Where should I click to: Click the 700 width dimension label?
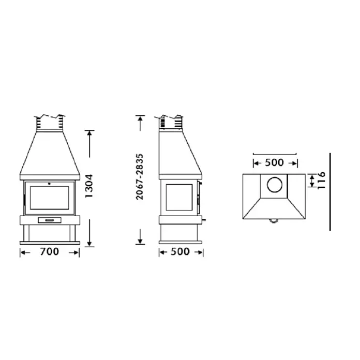point(49,251)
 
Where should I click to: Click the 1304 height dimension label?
point(89,186)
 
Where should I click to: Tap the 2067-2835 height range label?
point(140,177)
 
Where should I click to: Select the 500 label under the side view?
point(180,251)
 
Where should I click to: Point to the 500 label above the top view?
point(274,162)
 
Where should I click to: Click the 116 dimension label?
point(322,180)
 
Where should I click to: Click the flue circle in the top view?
point(275,185)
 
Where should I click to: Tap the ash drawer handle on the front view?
point(50,220)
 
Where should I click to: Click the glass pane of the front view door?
point(50,198)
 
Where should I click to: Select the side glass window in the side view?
point(179,197)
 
